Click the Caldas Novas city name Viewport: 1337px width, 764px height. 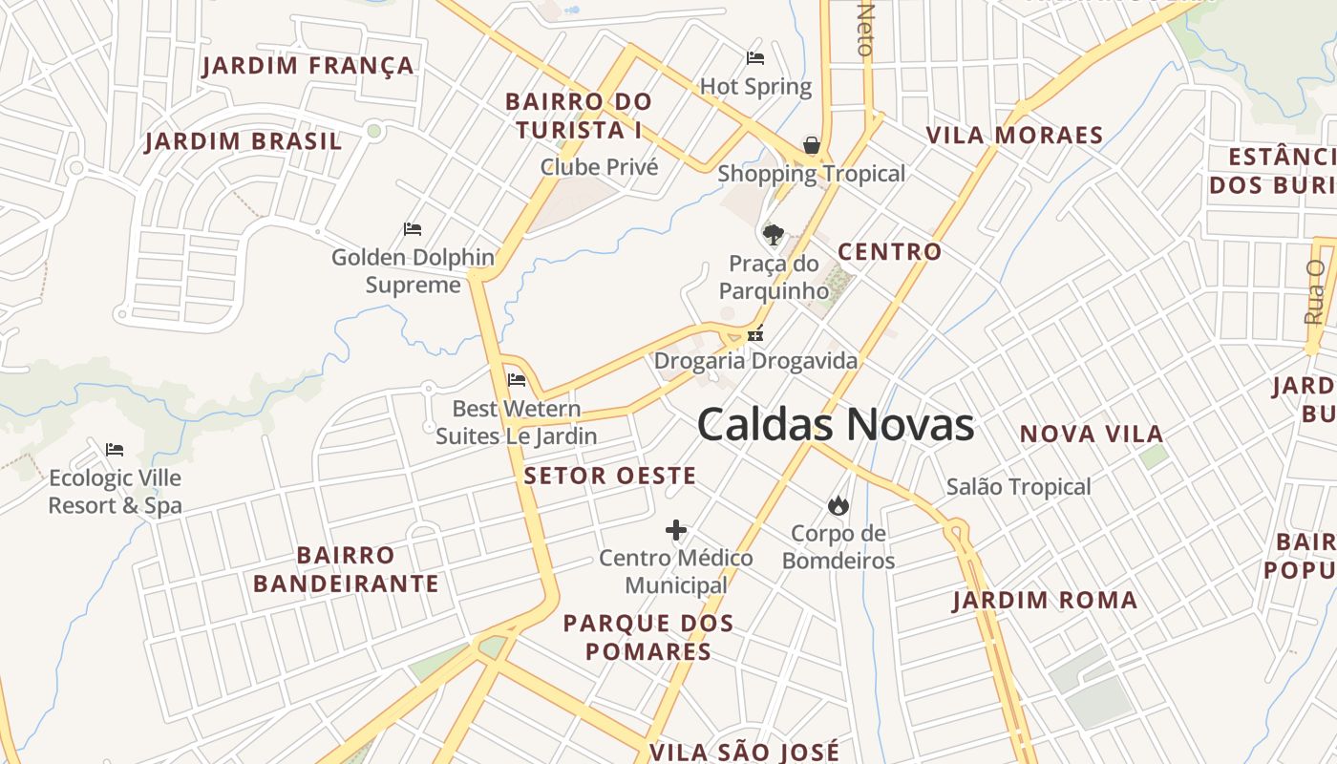point(836,424)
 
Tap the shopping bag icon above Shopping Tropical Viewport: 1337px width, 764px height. point(811,145)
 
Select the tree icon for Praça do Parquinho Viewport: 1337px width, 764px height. point(773,234)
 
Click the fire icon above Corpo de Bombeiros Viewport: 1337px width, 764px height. point(838,505)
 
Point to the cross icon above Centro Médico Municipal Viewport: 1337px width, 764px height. point(676,530)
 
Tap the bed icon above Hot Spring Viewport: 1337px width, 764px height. point(755,58)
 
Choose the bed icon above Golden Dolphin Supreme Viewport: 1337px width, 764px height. point(413,229)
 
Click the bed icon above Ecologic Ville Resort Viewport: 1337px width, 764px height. point(115,450)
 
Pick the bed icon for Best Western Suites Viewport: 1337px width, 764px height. point(517,380)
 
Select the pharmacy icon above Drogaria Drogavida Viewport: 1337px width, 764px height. point(755,334)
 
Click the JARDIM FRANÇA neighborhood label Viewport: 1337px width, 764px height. point(308,66)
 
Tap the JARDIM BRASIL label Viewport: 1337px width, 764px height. point(244,142)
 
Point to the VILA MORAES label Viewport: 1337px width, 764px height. point(1014,136)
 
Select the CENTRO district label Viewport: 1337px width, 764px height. point(889,252)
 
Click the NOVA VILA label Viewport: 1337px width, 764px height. point(1092,435)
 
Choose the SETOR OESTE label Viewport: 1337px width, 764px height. point(610,476)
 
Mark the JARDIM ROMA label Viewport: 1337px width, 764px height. point(1045,601)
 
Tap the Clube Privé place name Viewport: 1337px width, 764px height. point(600,167)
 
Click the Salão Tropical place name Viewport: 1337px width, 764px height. point(1018,487)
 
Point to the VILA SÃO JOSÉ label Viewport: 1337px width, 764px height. point(744,752)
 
